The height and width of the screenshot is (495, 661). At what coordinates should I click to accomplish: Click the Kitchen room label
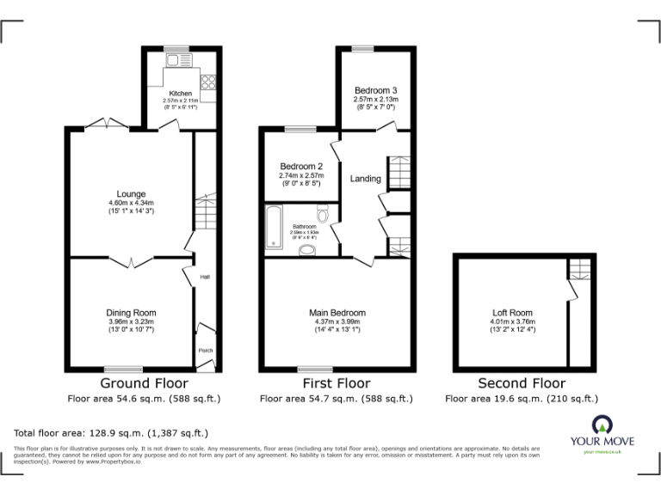point(181,94)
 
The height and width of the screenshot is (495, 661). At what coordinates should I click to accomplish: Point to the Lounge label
point(132,194)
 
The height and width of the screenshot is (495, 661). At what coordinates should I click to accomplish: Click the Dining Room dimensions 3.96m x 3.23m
point(131,321)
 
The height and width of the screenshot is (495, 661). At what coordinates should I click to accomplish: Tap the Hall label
point(205,277)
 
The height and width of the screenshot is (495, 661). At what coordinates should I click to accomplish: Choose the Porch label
point(205,350)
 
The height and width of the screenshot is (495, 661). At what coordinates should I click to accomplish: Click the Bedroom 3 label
point(375,90)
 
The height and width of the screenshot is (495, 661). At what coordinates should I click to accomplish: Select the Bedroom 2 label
point(301,166)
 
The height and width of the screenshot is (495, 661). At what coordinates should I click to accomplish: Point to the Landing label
point(366,179)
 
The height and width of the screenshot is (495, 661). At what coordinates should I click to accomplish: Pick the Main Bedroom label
point(337,313)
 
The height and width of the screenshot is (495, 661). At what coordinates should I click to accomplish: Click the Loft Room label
point(511,313)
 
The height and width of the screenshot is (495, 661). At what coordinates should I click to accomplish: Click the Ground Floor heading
point(144,383)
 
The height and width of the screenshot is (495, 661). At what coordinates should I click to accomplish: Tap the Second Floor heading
point(522,383)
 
